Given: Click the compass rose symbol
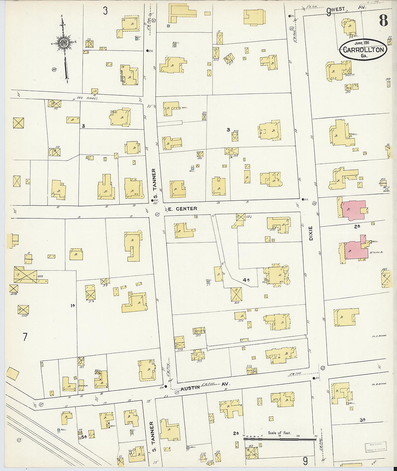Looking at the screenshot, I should point(64,43).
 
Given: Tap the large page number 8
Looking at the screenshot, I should point(383,21).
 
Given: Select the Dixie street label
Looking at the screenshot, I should point(311,233).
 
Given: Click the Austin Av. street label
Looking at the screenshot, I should point(202,387).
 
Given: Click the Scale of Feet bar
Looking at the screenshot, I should point(280,439).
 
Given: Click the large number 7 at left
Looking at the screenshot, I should point(25,337).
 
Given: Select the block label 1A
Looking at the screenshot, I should point(73,306).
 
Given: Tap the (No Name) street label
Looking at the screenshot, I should point(86,98).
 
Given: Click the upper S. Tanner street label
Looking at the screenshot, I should point(153,184).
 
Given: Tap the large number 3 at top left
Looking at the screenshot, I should point(105,11).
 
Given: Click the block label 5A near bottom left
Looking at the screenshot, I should point(84,437).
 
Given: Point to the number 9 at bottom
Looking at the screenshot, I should point(305,461).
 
